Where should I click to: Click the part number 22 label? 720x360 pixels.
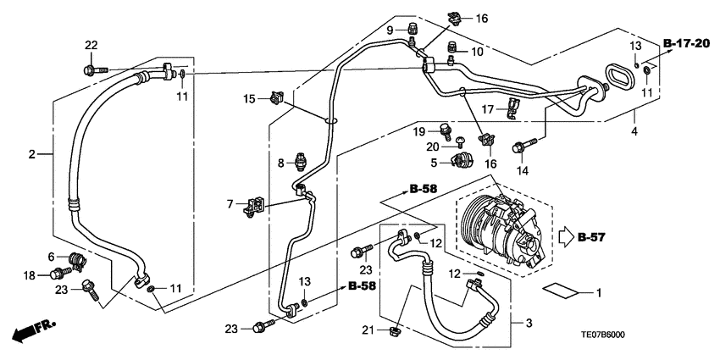91,45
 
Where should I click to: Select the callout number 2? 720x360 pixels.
32,154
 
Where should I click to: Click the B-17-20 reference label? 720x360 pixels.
685,43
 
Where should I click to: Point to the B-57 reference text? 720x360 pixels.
594,237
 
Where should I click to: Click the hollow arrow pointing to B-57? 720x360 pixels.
565,237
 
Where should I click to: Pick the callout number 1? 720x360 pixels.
599,294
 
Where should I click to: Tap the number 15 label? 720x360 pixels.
249,99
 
